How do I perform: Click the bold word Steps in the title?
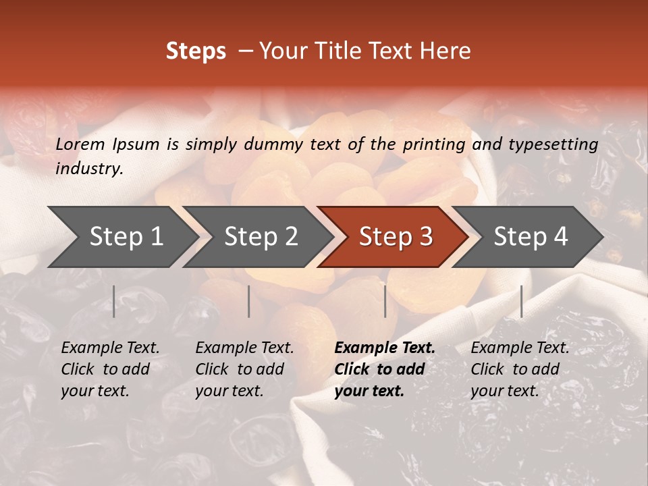point(196,51)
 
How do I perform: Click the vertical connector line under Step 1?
point(114,301)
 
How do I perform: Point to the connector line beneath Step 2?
point(249,301)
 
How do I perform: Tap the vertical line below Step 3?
point(385,301)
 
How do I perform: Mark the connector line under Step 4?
point(521,301)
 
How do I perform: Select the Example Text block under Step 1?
point(110,369)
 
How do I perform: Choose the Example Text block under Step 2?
point(244,369)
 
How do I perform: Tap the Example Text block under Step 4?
point(520,369)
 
